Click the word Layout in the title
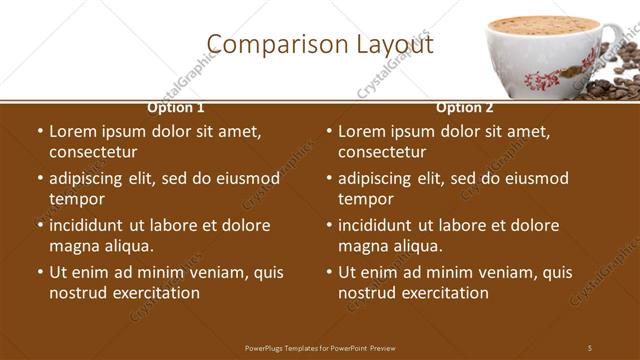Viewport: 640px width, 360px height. coord(396,45)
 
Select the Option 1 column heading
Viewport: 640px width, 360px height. coord(176,107)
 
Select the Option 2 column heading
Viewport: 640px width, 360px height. coord(465,107)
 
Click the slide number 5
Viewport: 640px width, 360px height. coord(590,347)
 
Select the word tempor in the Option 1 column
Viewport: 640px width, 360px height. coord(77,199)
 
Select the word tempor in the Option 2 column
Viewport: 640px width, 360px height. coord(366,199)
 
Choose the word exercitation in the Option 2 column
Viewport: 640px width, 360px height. coord(445,293)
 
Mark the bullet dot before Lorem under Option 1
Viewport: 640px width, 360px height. coord(39,131)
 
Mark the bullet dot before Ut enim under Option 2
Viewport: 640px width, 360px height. coord(328,272)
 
